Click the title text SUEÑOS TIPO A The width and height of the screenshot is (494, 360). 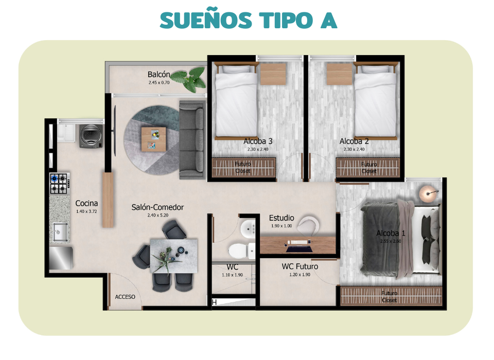click(248, 20)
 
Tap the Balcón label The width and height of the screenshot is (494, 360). click(159, 75)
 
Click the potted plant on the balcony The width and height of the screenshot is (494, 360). click(189, 81)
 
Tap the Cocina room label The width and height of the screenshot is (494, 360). click(86, 203)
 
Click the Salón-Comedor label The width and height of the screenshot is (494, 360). click(157, 207)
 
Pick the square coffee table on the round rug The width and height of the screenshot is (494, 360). click(154, 138)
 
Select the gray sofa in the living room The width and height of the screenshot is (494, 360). click(192, 140)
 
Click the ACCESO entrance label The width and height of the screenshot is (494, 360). click(125, 297)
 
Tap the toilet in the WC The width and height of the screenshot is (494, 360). click(239, 250)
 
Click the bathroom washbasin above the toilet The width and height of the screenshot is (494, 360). click(249, 228)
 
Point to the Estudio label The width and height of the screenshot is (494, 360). click(281, 218)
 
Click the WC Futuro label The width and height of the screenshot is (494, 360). click(299, 266)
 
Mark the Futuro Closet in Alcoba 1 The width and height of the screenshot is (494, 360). click(389, 296)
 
